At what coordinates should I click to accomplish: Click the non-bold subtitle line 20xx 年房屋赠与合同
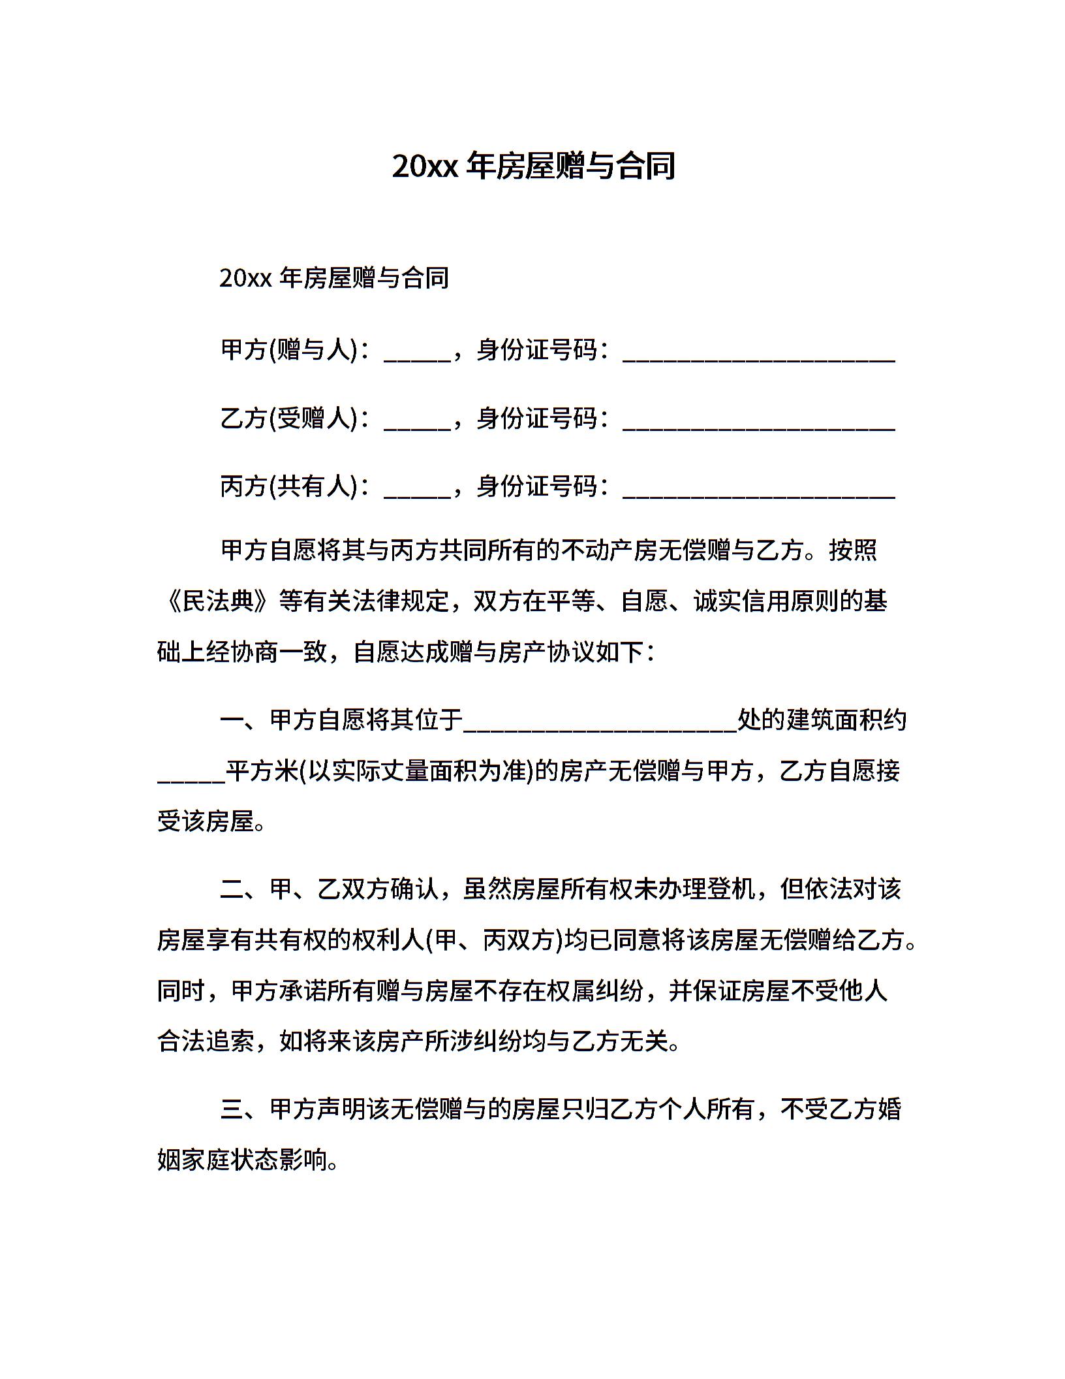(334, 278)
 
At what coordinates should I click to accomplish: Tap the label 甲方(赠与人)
(290, 351)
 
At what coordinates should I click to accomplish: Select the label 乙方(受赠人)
(290, 419)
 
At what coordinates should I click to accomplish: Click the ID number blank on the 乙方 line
(758, 424)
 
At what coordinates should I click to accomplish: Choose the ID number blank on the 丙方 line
(758, 492)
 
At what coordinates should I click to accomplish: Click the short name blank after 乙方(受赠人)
(417, 424)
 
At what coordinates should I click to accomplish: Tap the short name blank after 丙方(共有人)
(417, 492)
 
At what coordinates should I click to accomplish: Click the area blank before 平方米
(191, 777)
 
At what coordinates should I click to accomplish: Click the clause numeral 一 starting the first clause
(232, 721)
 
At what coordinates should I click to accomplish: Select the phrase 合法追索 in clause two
(206, 1041)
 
